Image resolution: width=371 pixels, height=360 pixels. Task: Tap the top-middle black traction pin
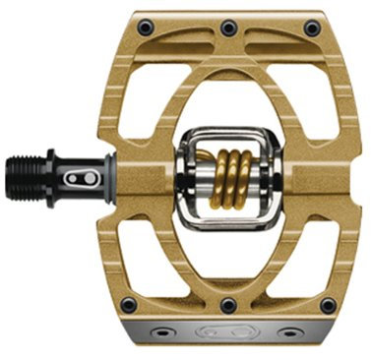pos(229,25)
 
